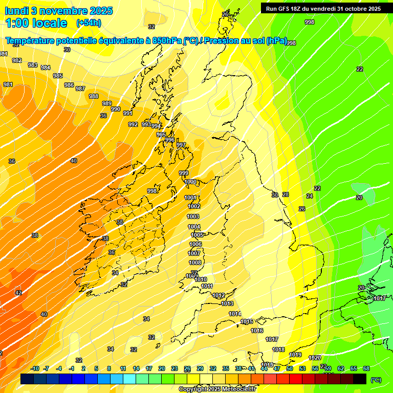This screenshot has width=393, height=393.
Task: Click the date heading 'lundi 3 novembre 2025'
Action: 59,11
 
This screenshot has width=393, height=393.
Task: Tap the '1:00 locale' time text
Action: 36,23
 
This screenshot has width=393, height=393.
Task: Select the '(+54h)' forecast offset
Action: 89,23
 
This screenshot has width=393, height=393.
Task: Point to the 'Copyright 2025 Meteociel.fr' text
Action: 217,389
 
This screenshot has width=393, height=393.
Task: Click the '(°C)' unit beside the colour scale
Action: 376,380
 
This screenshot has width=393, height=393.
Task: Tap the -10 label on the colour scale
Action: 35,368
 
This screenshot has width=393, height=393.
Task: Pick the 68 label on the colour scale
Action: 366,368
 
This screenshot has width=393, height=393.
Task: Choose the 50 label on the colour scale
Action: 290,368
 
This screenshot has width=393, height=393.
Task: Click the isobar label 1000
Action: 190,182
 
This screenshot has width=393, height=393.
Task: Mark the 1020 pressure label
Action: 315,358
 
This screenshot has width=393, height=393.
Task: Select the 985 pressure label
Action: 58,76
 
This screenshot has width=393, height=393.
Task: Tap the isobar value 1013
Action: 227,303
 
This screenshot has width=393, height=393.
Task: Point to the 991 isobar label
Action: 128,113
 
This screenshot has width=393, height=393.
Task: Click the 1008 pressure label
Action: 195,263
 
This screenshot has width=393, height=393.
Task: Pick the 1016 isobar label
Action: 257,331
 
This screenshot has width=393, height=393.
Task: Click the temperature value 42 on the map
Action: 18,293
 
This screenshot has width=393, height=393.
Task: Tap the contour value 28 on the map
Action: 286,194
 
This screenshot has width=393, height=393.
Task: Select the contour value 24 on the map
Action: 309,196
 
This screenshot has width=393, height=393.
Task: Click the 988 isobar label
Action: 94,96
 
